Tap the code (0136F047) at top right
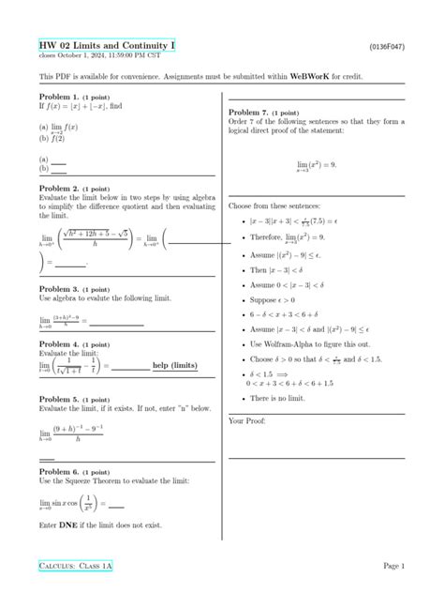click(387, 45)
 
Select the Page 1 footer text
click(392, 567)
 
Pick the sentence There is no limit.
click(287, 399)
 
